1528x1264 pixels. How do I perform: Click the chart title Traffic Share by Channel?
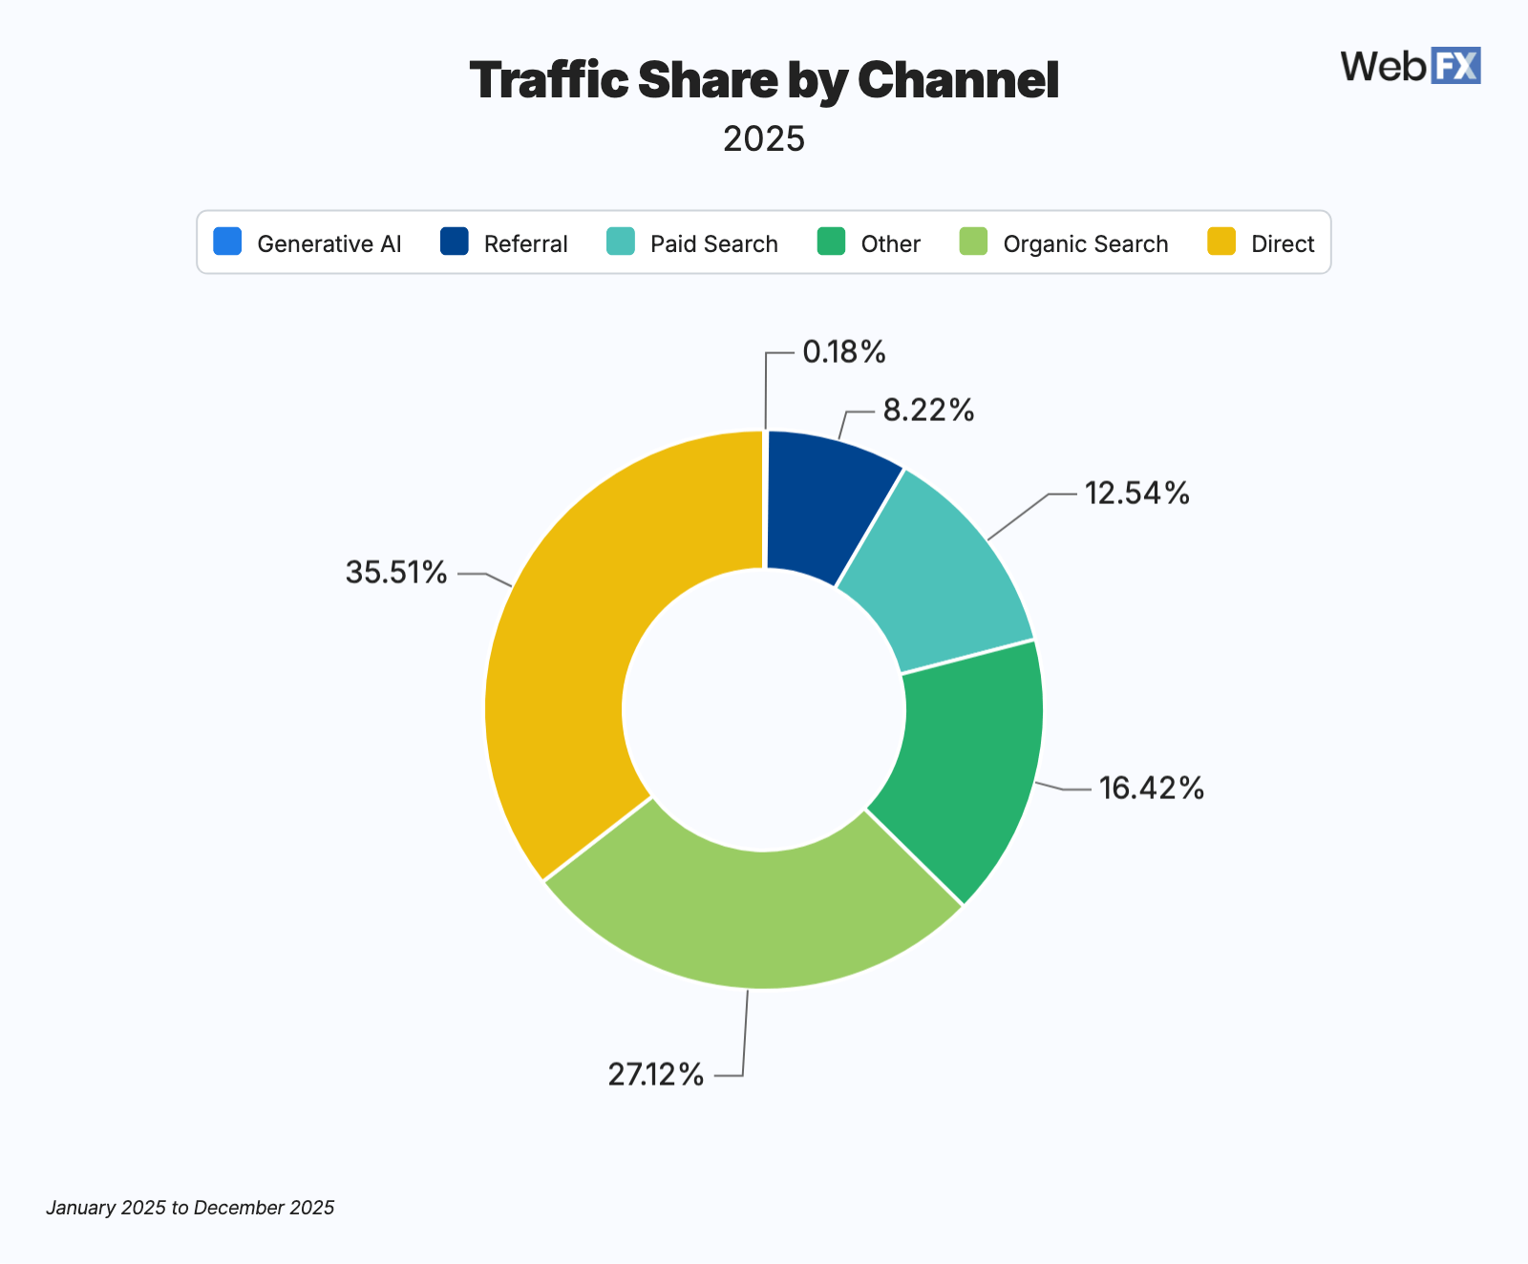(x=764, y=80)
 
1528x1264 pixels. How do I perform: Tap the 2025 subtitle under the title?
(x=764, y=139)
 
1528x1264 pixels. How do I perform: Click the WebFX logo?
(x=1410, y=66)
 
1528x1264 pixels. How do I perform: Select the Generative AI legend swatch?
(x=228, y=242)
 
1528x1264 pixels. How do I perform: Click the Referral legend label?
(x=525, y=244)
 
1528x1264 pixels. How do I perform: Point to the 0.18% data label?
(x=844, y=352)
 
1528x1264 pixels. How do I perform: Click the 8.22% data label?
(x=928, y=411)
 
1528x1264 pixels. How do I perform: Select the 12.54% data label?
(x=1136, y=494)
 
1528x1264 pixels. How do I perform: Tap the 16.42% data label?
(x=1151, y=789)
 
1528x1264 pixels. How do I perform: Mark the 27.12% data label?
(x=656, y=1075)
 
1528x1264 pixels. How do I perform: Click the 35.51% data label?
(x=396, y=573)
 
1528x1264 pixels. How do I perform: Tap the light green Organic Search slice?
(x=754, y=916)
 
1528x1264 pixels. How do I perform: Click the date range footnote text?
(x=190, y=1208)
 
